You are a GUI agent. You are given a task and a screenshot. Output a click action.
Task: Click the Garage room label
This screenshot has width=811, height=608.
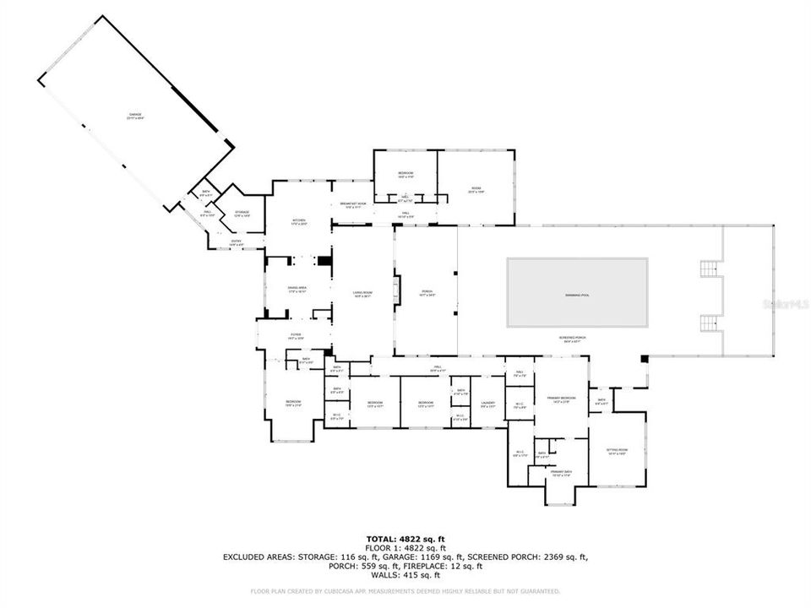coord(135,116)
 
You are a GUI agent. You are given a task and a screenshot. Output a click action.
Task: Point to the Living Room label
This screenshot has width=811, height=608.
coord(363,293)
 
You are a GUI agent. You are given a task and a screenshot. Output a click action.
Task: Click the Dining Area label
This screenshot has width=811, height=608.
coord(297,289)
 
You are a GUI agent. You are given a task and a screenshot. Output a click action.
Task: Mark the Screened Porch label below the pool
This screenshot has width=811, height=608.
coord(572,338)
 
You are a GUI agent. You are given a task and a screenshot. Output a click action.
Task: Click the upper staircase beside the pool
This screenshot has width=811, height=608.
coord(709,269)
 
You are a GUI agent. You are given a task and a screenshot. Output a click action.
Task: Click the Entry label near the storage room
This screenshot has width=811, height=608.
coord(237,243)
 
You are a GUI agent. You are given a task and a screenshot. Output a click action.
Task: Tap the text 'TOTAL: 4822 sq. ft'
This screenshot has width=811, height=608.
coord(405,539)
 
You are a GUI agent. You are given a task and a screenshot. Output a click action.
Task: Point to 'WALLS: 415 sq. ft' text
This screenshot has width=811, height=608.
coord(405,575)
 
